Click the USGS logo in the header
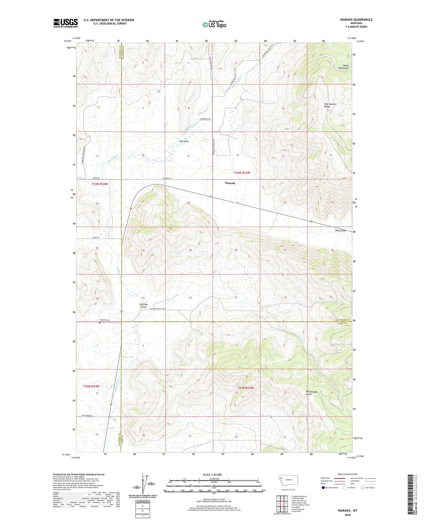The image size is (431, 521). [65, 23]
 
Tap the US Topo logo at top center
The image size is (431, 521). [214, 24]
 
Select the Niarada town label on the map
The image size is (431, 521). [230, 183]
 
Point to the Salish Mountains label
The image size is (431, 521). [343, 67]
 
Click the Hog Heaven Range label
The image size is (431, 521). [330, 105]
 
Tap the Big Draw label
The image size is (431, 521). [184, 141]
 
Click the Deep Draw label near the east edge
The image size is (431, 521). [340, 230]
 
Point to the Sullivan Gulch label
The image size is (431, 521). [143, 306]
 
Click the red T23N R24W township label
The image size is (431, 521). [91, 386]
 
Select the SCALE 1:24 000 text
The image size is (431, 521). [212, 474]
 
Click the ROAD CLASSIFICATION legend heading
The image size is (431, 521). [347, 474]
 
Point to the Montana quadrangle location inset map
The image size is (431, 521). [288, 481]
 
